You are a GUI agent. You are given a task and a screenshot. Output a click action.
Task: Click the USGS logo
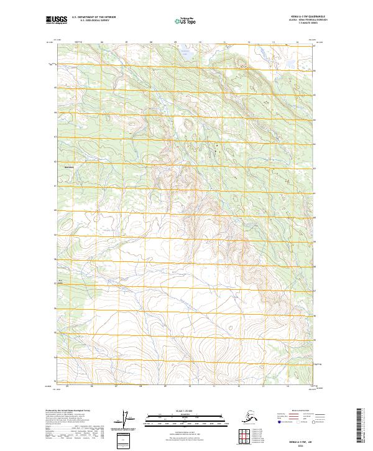[57, 21]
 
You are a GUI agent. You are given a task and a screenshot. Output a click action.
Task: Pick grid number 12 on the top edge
[249, 43]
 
